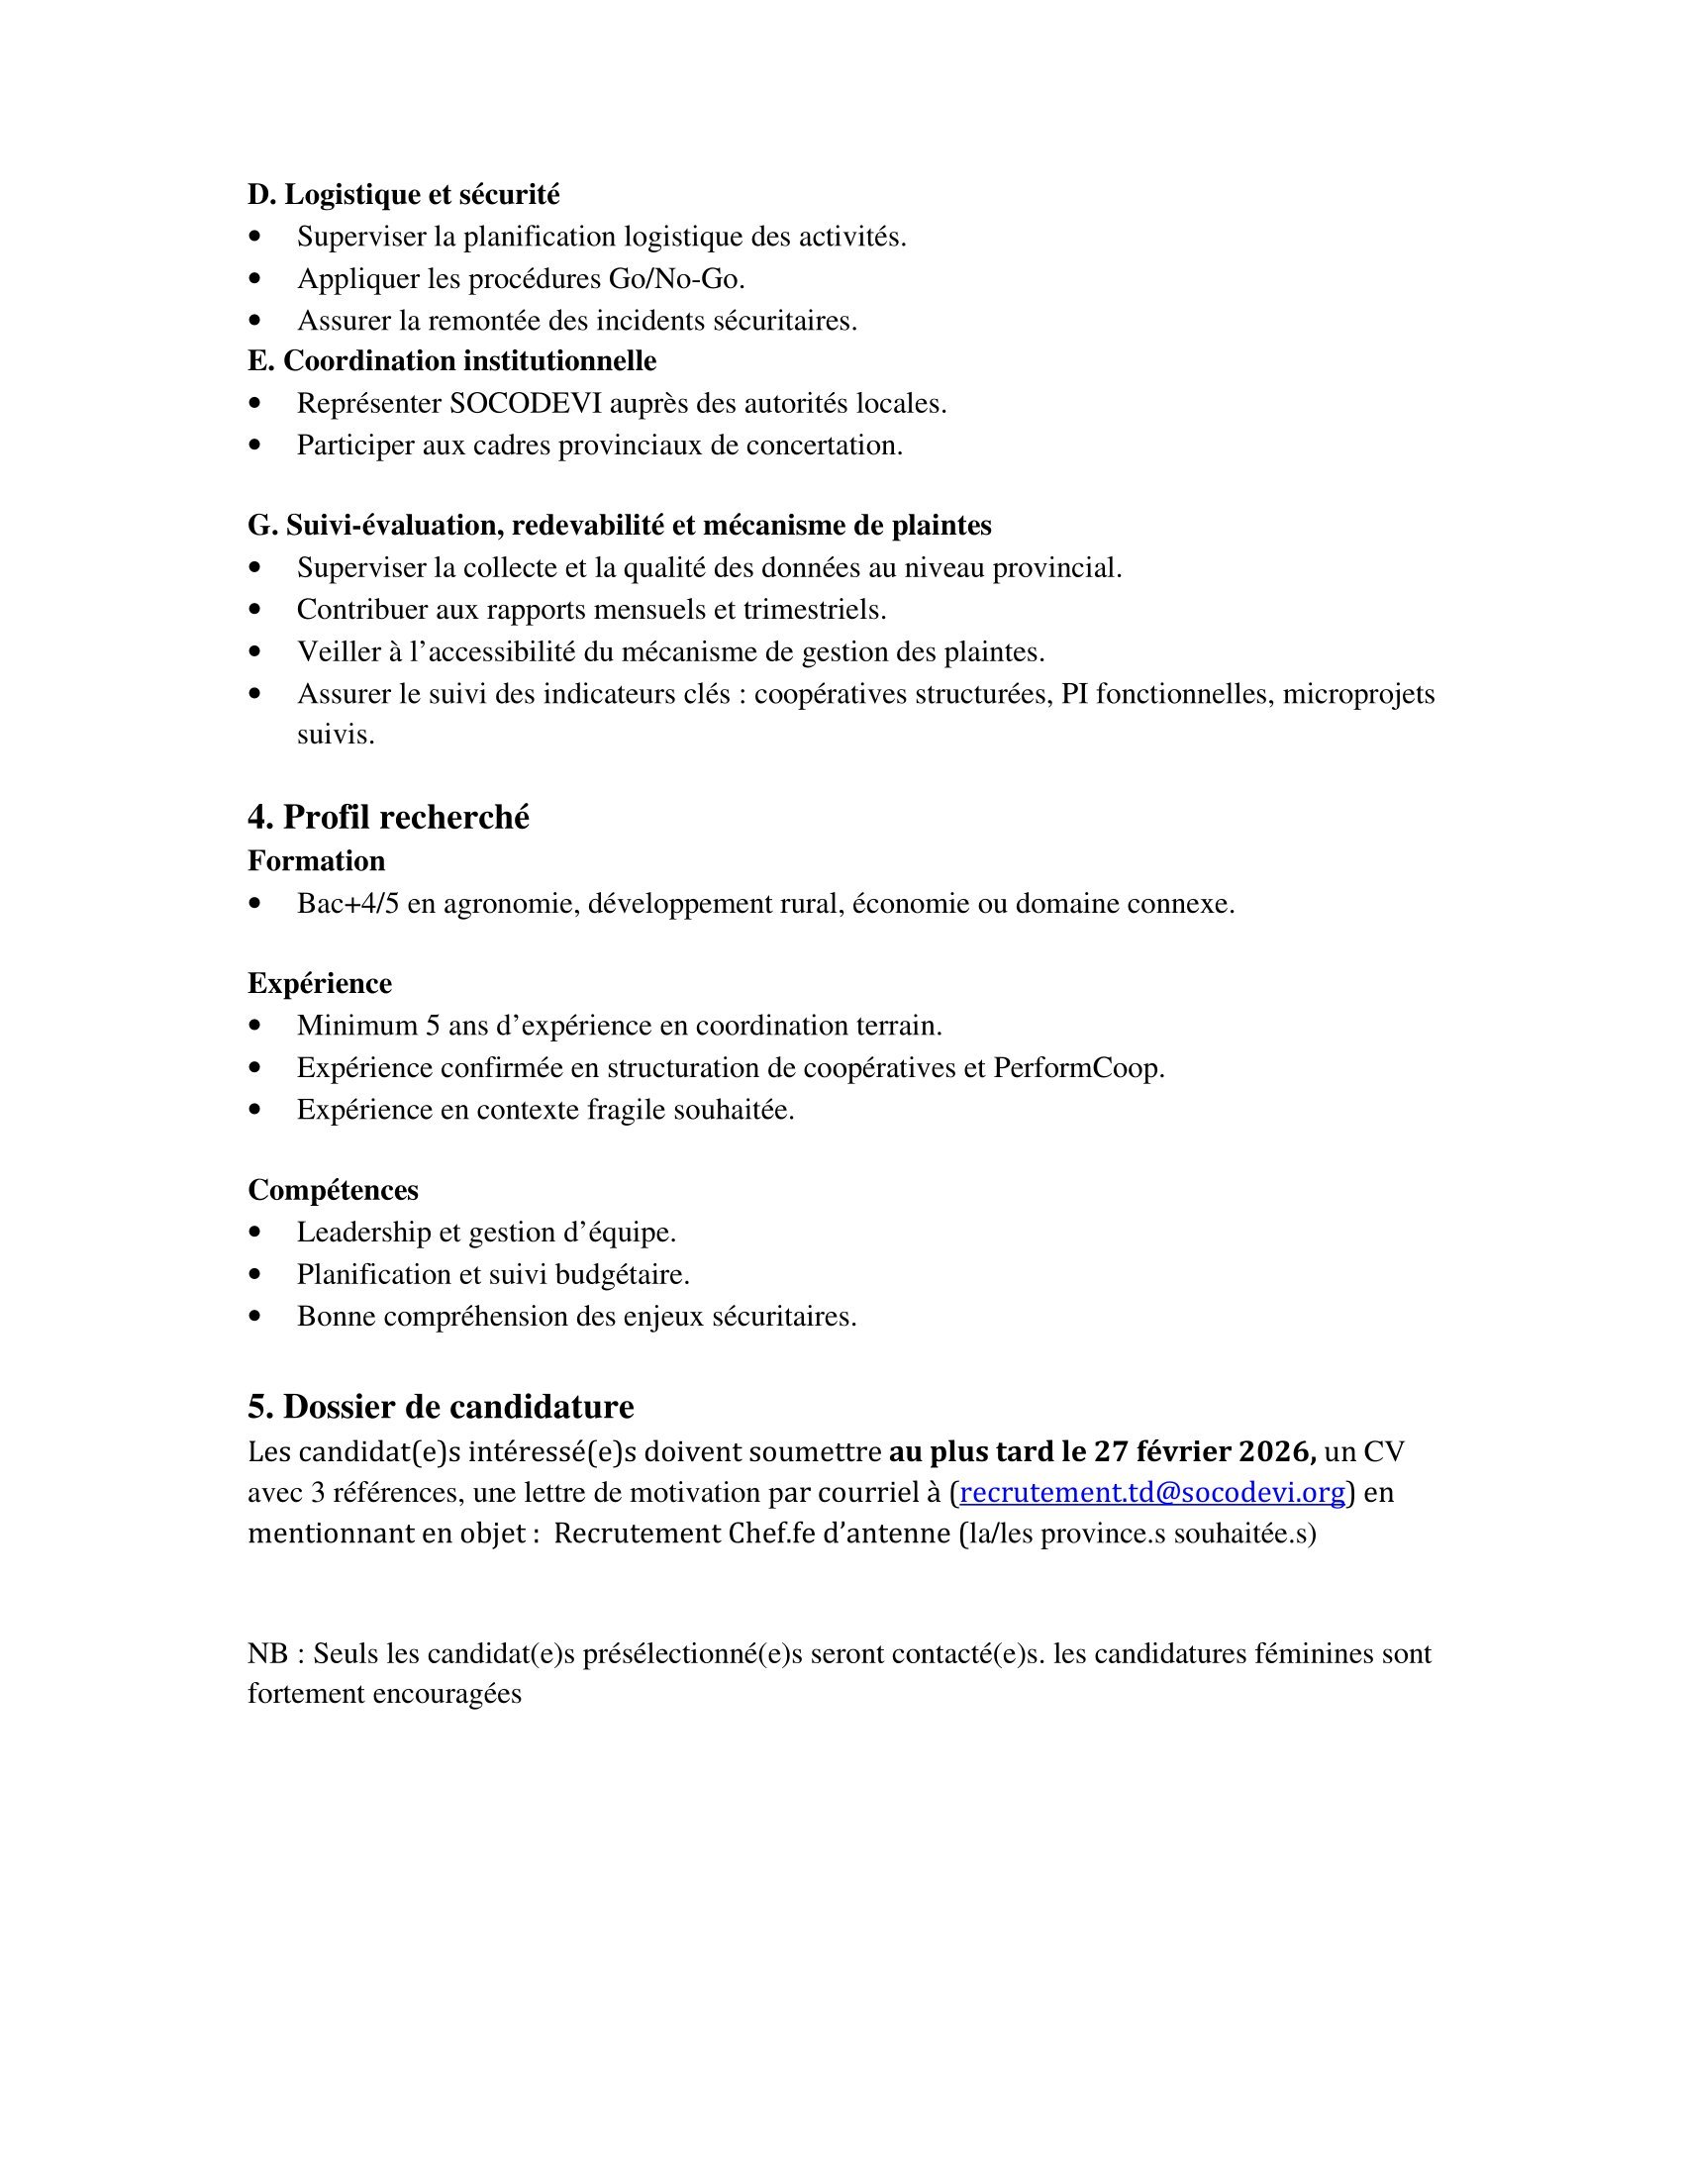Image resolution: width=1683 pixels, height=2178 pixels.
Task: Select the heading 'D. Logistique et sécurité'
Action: click(x=404, y=194)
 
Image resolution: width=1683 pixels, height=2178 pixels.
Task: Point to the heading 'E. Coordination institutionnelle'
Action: click(x=451, y=360)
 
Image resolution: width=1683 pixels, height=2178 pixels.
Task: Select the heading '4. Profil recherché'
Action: click(x=388, y=817)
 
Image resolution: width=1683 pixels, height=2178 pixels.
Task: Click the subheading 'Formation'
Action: click(x=316, y=860)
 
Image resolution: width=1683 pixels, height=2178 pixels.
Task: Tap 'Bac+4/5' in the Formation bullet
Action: click(x=347, y=905)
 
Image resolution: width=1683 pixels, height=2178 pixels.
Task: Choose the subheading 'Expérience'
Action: click(x=319, y=983)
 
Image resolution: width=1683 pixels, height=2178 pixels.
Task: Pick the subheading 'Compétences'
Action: click(x=333, y=1190)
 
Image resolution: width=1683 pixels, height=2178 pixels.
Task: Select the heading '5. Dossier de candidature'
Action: click(x=441, y=1407)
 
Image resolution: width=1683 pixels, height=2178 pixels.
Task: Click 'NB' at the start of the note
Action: click(x=267, y=1654)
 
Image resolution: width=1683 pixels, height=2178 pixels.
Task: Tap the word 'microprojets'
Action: click(x=1358, y=694)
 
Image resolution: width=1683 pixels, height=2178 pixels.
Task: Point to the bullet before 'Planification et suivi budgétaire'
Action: click(x=258, y=1275)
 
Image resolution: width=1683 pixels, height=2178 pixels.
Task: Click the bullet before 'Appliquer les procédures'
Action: click(x=258, y=280)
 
